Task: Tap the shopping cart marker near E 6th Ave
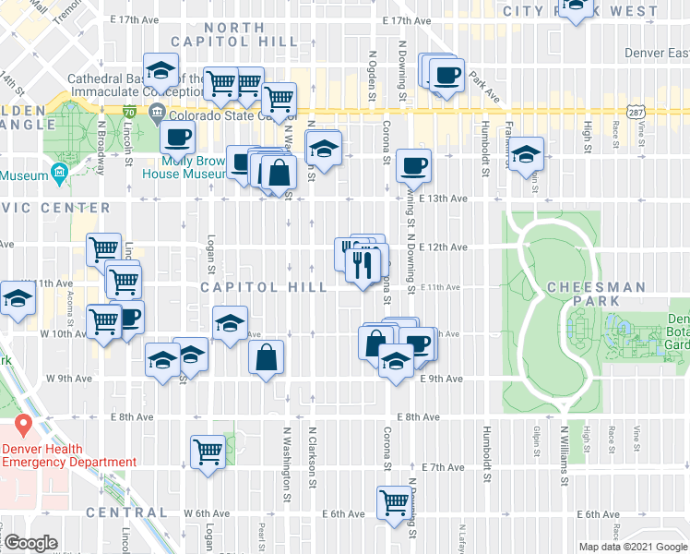[x=394, y=503]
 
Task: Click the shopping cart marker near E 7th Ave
[x=208, y=452]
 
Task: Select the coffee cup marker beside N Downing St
[x=414, y=166]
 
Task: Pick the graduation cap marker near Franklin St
[x=527, y=154]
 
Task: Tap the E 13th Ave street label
[x=451, y=198]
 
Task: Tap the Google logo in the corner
[x=31, y=543]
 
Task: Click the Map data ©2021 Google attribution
[x=632, y=547]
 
